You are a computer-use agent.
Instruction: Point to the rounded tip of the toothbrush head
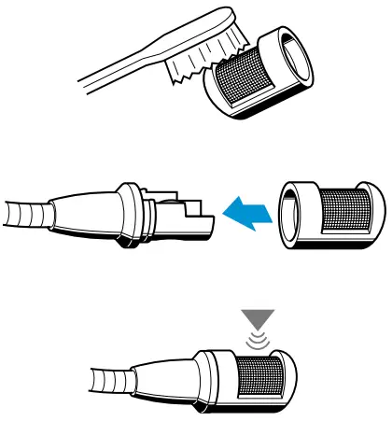tap(228, 16)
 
